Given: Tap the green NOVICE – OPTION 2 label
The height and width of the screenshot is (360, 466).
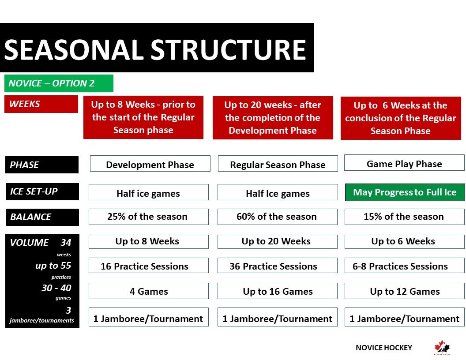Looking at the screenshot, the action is coord(59,83).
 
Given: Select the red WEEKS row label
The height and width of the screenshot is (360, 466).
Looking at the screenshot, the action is coord(41,104).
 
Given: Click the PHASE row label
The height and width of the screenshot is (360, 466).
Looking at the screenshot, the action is coord(42,165).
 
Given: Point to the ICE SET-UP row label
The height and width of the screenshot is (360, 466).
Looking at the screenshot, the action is coord(42,191).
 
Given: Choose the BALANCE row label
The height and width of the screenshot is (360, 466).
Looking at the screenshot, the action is coord(42,217).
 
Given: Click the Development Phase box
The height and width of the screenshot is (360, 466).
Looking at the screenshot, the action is coord(150,164).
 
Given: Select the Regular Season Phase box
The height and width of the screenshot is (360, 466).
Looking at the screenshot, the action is coord(278,164).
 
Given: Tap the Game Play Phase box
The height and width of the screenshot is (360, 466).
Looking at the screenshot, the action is coord(404,163).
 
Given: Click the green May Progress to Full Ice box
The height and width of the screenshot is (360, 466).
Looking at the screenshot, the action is coord(405,192).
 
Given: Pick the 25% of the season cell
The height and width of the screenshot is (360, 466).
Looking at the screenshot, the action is coord(149,217).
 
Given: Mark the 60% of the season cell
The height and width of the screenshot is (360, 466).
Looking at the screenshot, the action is coord(278,217).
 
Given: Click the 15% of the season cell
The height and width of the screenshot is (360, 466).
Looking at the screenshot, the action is coord(405,217).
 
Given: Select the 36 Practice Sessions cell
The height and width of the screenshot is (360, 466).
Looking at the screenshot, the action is coord(278,266).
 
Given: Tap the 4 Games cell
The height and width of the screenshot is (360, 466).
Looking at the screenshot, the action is coord(149,291).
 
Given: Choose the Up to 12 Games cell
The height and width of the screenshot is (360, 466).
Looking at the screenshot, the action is coord(405,291).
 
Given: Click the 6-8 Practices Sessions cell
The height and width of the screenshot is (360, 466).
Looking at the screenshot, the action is coord(405,266).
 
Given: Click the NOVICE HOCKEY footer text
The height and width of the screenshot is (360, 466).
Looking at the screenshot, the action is coord(383,348).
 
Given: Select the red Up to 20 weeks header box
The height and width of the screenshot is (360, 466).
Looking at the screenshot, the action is coord(273,118).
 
